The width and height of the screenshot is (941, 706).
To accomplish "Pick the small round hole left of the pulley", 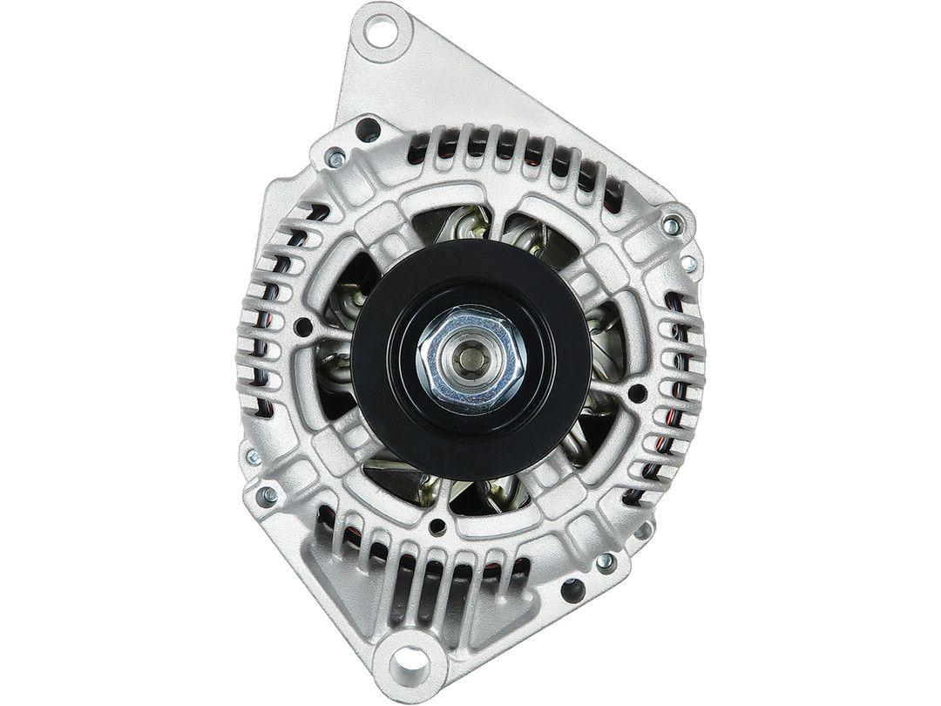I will pos(302,328).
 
